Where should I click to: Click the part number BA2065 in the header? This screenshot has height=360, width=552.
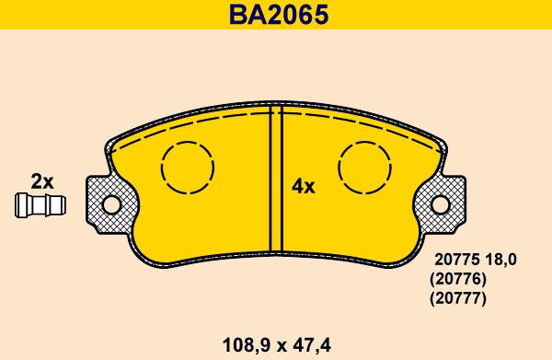pos(276,15)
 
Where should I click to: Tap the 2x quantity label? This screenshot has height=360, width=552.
pos(42,180)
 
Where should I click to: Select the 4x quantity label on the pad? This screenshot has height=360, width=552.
pos(303,187)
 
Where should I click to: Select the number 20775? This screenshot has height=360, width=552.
pos(452,260)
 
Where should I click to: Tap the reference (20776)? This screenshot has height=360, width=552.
pos(457,279)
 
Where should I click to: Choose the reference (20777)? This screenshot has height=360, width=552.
pos(457,298)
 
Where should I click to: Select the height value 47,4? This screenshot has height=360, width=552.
pos(310,346)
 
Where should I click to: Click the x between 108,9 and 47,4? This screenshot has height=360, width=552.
pos(275,347)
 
